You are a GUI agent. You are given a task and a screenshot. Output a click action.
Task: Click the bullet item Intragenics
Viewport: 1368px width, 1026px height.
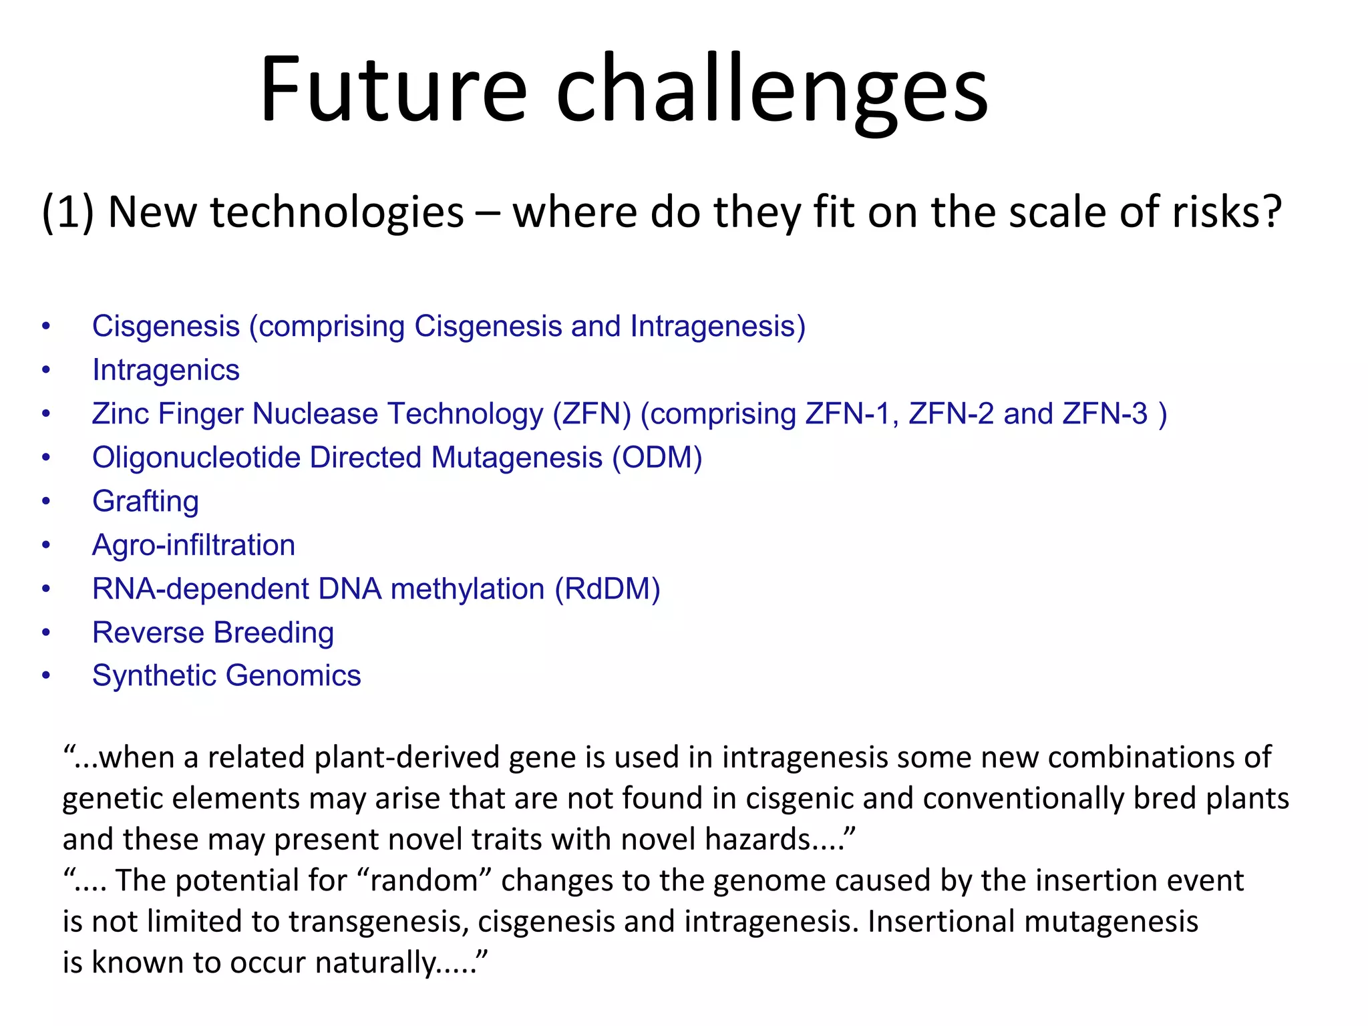[x=166, y=370]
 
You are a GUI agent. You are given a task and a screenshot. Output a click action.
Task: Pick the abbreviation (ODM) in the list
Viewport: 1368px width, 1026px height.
[x=657, y=458]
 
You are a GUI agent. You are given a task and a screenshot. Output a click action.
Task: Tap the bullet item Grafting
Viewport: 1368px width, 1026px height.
[x=146, y=502]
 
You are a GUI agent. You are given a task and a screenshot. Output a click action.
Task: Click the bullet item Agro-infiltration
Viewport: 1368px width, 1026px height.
[x=194, y=545]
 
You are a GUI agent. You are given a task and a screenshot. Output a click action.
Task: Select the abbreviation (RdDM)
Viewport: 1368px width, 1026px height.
[x=607, y=589]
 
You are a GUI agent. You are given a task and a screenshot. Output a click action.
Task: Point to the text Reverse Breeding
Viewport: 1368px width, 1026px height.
[x=213, y=633]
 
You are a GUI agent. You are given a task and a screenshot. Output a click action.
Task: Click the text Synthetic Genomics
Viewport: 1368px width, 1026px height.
[x=226, y=676]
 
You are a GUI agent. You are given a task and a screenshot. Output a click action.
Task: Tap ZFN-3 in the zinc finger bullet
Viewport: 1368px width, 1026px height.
[x=1105, y=413]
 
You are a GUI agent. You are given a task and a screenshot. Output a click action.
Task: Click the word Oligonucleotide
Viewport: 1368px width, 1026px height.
[x=196, y=458]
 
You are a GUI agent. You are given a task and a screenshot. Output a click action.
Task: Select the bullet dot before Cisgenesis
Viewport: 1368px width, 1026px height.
[x=46, y=327]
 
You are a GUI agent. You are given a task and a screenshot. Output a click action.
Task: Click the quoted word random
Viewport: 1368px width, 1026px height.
[x=424, y=881]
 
